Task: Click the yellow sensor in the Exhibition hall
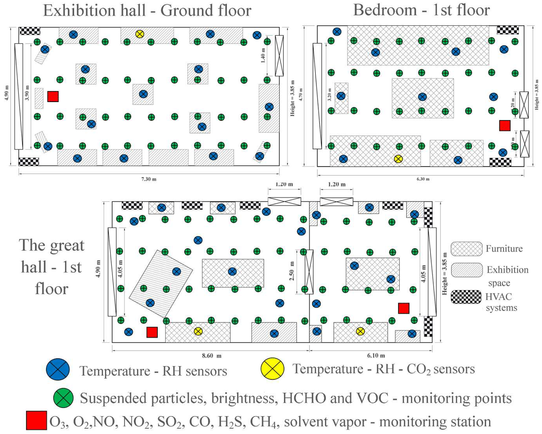[139, 34]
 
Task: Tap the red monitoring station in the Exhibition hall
[53, 96]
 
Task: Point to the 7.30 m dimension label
[149, 179]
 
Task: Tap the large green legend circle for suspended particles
[63, 398]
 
